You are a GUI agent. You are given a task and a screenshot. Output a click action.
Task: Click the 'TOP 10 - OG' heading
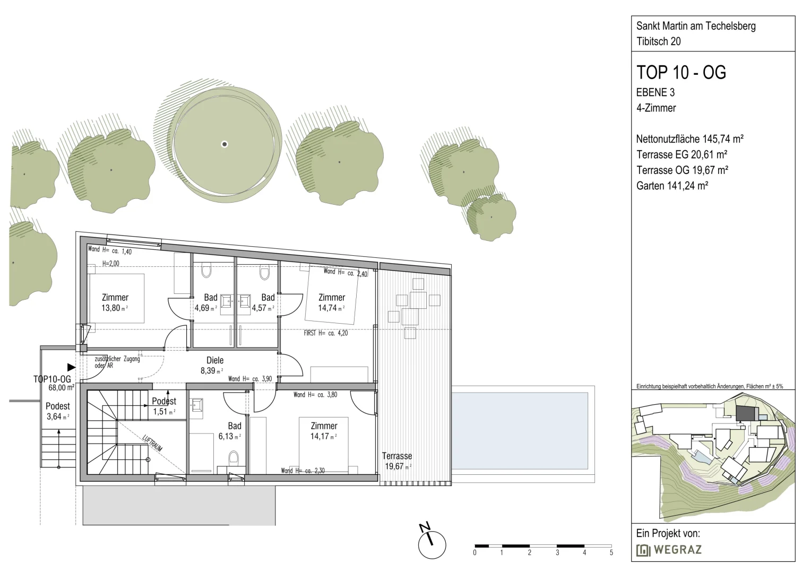coord(681,72)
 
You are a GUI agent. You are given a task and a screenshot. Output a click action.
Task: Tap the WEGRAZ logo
coord(669,550)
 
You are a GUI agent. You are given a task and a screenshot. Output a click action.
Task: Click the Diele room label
coord(215,360)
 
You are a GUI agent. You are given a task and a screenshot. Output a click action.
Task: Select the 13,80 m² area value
coord(115,308)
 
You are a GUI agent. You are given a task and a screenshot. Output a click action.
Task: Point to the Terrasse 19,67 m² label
coord(397,461)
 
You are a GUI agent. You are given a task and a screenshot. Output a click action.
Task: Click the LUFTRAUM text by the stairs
coord(152,443)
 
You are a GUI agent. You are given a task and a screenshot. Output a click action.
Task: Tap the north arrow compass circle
coord(432,545)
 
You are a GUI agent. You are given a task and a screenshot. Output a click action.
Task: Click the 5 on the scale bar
coord(611,553)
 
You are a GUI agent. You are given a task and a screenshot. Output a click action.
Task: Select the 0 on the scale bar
coord(474,553)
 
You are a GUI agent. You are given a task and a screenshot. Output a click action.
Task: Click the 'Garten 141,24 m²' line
coord(672,186)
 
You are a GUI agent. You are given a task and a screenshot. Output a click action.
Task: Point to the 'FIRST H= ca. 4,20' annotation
coord(326,333)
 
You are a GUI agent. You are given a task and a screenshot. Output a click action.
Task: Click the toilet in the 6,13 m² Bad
coord(234,458)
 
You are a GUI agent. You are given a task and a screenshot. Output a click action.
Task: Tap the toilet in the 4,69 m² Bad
coord(206,271)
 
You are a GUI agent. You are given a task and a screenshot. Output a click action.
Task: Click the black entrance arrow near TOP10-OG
coord(71,367)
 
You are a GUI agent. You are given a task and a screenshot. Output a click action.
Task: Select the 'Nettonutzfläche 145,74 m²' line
coord(689,139)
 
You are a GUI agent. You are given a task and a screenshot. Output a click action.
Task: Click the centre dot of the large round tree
coord(225,144)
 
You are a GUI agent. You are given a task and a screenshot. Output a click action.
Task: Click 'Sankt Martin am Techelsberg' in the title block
coord(696,26)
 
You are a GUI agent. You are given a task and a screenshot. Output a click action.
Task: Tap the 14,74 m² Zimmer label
coord(332,302)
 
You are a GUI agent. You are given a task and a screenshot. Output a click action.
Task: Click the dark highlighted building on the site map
coord(747,413)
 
